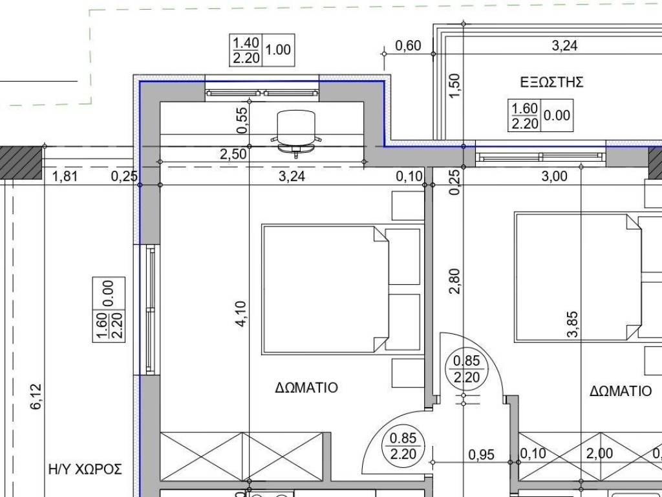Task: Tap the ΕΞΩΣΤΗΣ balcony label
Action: click(552, 82)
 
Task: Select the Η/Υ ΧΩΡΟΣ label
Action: click(85, 469)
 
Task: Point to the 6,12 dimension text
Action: click(36, 396)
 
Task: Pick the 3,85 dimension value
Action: click(573, 324)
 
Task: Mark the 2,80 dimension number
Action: click(454, 282)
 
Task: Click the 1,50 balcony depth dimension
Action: click(454, 86)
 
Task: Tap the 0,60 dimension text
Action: click(408, 45)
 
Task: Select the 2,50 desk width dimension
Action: click(233, 154)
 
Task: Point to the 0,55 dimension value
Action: click(242, 120)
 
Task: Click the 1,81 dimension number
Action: click(65, 176)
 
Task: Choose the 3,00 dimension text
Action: click(554, 176)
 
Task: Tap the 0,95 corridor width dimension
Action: click(481, 455)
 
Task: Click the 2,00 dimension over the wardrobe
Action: click(599, 454)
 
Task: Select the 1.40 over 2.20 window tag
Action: click(246, 50)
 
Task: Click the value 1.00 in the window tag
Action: click(278, 50)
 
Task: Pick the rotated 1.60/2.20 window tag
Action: click(109, 310)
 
